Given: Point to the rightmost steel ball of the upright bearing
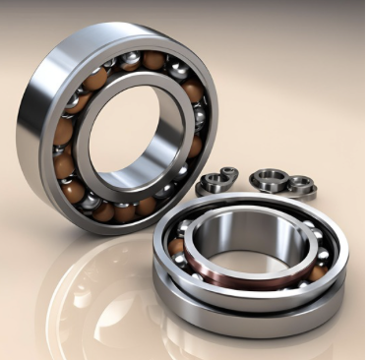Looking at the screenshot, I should [x=200, y=118].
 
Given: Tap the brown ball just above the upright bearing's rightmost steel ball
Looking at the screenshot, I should [x=194, y=92].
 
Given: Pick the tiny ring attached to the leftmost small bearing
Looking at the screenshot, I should [x=229, y=174].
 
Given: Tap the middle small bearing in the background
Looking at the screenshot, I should [x=267, y=179].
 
